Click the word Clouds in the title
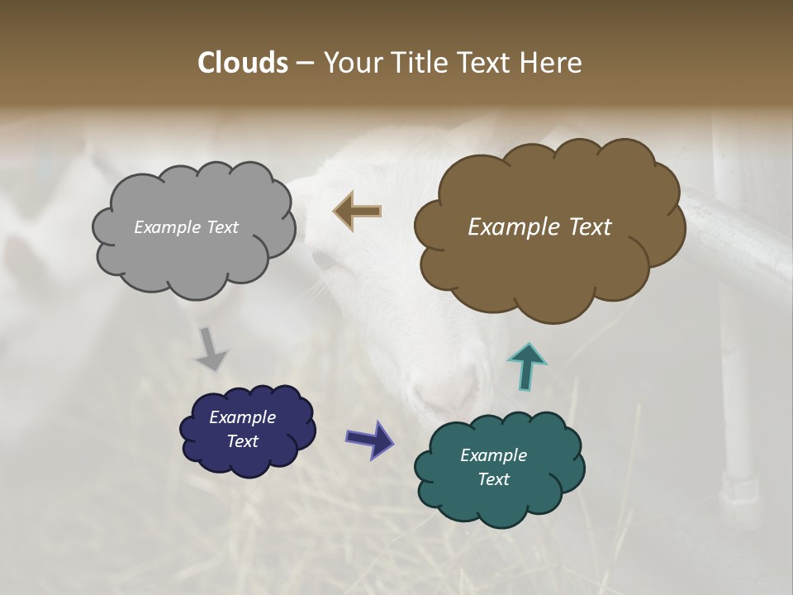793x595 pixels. [242, 63]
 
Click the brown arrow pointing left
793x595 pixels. [358, 211]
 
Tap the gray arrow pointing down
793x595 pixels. [211, 348]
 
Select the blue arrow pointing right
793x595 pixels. [369, 438]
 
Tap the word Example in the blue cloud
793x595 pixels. [242, 417]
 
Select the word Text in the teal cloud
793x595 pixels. [493, 479]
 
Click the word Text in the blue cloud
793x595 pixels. [242, 441]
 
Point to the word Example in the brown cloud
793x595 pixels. [510, 227]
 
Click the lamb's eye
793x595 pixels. [324, 260]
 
